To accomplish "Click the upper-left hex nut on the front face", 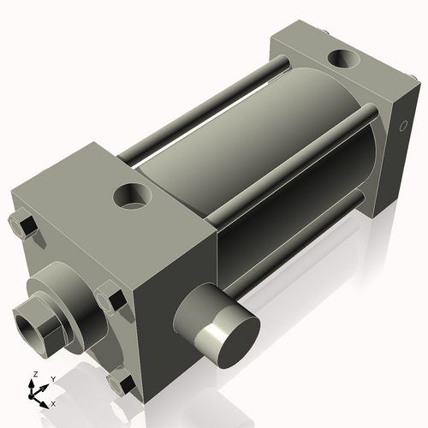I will [24, 227].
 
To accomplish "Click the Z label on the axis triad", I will [33, 375].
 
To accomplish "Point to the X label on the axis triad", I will [54, 402].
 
